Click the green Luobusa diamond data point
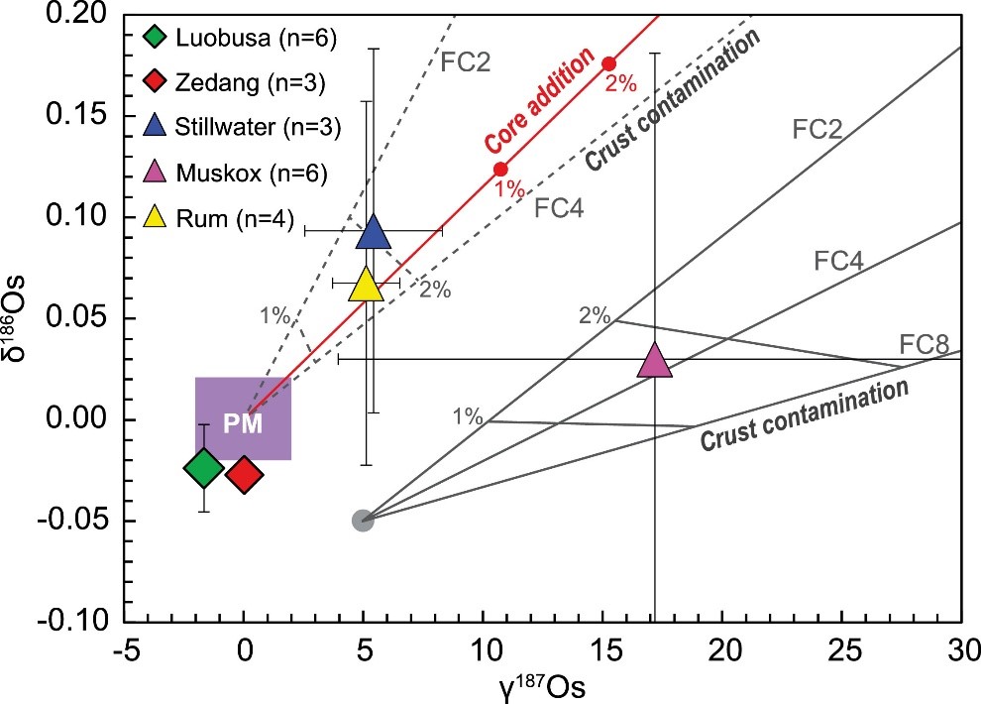tap(204, 468)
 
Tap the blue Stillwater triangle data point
tap(373, 232)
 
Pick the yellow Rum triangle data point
tap(367, 285)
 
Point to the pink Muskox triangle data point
tap(655, 361)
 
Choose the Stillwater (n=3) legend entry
tap(239, 129)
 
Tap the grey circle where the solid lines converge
tap(363, 520)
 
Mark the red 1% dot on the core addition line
tap(500, 170)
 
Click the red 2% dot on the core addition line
tap(609, 63)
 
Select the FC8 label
tap(924, 345)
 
